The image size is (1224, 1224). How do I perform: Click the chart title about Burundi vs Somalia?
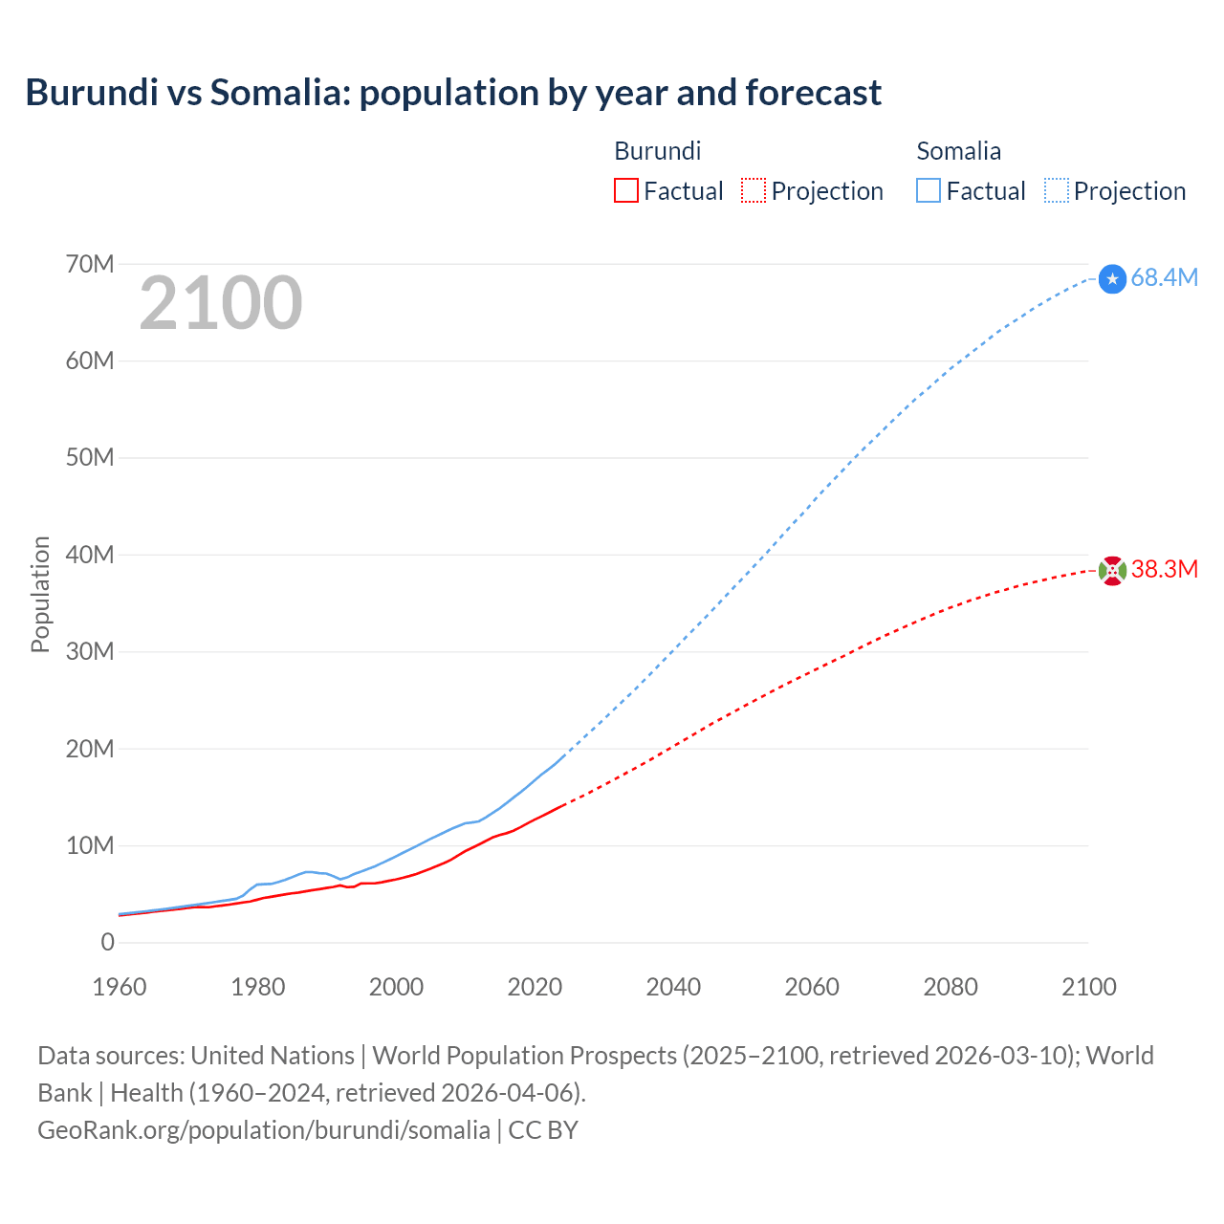[x=453, y=93]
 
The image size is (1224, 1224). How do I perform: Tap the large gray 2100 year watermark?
[x=221, y=303]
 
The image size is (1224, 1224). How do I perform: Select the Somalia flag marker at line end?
[x=1112, y=278]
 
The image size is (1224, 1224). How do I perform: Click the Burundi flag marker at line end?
[x=1112, y=571]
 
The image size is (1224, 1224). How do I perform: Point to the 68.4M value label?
[x=1164, y=277]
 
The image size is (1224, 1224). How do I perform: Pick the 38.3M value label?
[x=1164, y=570]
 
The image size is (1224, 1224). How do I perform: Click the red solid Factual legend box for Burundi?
[x=626, y=190]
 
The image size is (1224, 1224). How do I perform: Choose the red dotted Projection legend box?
[x=754, y=190]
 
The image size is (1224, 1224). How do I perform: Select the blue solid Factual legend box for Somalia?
[x=929, y=190]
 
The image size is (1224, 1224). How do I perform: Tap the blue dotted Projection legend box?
[x=1057, y=190]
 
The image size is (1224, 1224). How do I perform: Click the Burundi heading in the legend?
[x=658, y=151]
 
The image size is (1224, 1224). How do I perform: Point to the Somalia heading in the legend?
[x=958, y=151]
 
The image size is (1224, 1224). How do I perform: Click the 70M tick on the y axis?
[x=90, y=264]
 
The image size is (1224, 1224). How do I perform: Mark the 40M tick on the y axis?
[x=90, y=555]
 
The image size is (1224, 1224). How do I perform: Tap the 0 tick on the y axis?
[x=107, y=942]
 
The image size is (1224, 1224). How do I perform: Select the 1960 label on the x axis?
[x=120, y=987]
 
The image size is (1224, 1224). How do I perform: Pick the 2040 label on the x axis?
[x=673, y=987]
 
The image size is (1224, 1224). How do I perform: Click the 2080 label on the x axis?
[x=951, y=987]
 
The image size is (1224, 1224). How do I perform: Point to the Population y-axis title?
[x=40, y=594]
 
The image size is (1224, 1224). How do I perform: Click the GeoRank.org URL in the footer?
[x=264, y=1130]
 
